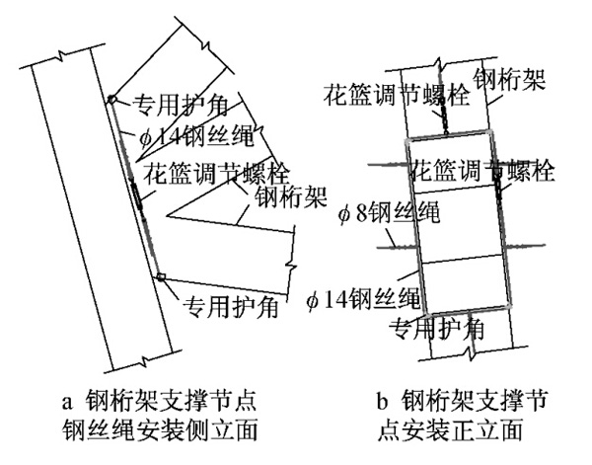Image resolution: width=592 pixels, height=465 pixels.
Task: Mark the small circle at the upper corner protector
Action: [112, 99]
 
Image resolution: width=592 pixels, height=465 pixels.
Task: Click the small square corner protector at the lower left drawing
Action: [161, 276]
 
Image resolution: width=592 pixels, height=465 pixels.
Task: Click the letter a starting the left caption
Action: [67, 401]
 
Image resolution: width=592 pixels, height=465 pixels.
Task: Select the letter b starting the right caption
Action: [382, 401]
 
